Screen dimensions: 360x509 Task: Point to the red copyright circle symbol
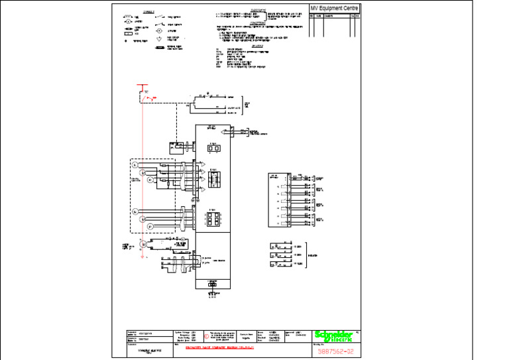(206, 335)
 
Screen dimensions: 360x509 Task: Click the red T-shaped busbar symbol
(140, 86)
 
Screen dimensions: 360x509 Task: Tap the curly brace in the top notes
(266, 15)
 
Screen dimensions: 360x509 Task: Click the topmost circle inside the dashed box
(135, 164)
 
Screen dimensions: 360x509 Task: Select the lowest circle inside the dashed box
(150, 226)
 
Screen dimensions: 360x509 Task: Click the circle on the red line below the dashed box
(142, 244)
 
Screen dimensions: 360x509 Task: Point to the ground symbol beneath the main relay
(213, 292)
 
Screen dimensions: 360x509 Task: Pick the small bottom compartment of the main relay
(212, 283)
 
